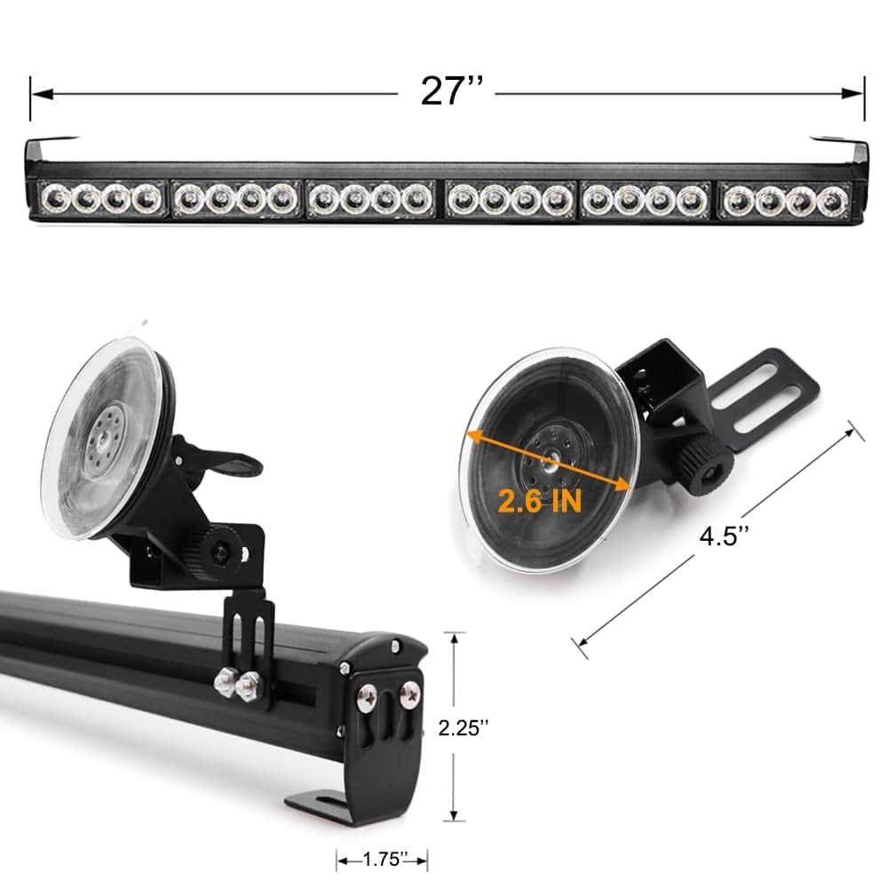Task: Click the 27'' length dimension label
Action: [x=452, y=91]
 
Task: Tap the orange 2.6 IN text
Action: [x=540, y=501]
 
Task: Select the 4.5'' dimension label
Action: [x=725, y=535]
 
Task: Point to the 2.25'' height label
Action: [x=464, y=728]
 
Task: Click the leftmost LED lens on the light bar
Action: [x=56, y=199]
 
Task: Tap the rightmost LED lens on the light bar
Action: [x=831, y=201]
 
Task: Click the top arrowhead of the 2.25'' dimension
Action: [x=454, y=643]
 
